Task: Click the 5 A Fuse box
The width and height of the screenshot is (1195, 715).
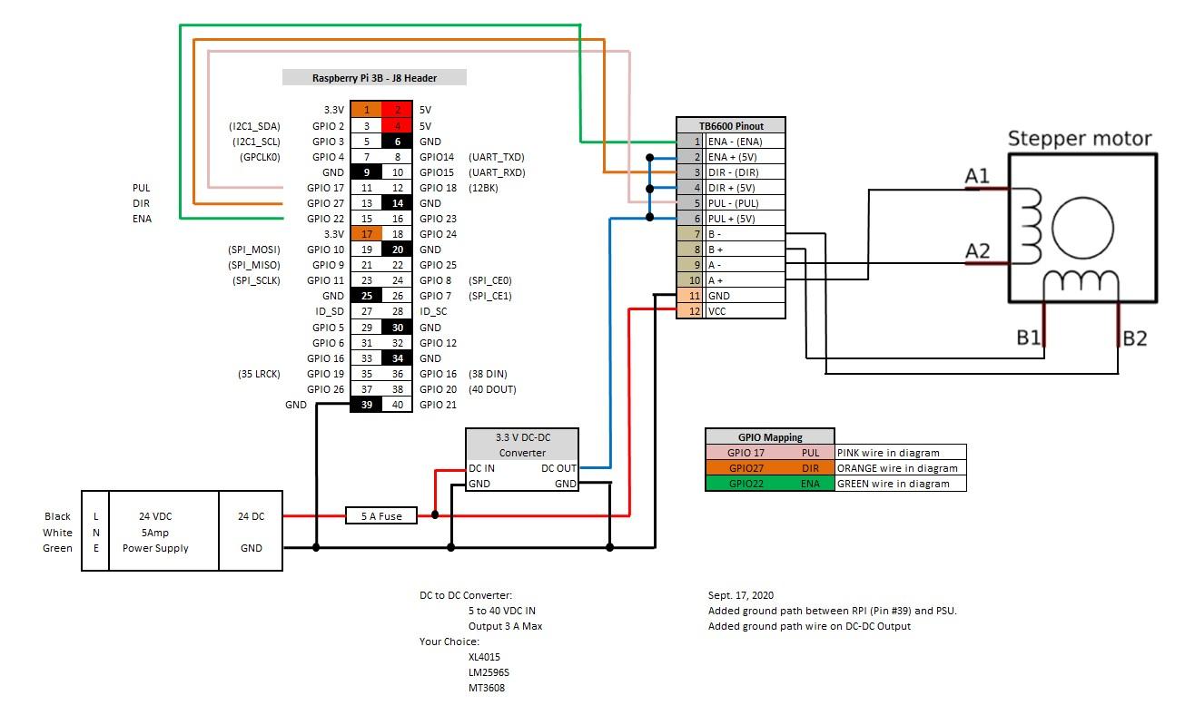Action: tap(380, 516)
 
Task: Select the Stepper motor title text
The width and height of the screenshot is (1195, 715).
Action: tap(1080, 139)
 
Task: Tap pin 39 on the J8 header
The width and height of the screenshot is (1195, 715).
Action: tap(367, 405)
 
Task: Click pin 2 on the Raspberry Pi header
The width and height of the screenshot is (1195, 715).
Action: tap(398, 110)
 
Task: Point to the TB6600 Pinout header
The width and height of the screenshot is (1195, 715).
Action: tap(731, 125)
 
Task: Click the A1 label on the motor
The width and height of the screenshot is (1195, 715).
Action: tap(977, 176)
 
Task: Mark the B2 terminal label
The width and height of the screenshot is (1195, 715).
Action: tap(1134, 338)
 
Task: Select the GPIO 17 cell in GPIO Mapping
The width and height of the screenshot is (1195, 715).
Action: tap(746, 453)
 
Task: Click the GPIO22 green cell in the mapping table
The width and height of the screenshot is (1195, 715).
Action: tap(746, 484)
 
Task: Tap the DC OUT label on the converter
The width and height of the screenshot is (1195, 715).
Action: tap(558, 468)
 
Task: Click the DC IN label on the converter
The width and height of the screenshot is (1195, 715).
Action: tap(481, 468)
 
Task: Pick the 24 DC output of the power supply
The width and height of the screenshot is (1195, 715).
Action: tap(251, 516)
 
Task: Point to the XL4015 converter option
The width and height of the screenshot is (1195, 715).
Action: tap(484, 657)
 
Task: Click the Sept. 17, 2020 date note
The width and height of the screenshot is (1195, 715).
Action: tap(741, 595)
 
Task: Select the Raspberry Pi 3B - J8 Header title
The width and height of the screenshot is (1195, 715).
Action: tap(374, 78)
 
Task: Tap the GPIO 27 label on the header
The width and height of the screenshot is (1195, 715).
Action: tap(325, 203)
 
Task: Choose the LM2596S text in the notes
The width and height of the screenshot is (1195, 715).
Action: tap(489, 672)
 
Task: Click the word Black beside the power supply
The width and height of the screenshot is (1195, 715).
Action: tap(57, 516)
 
